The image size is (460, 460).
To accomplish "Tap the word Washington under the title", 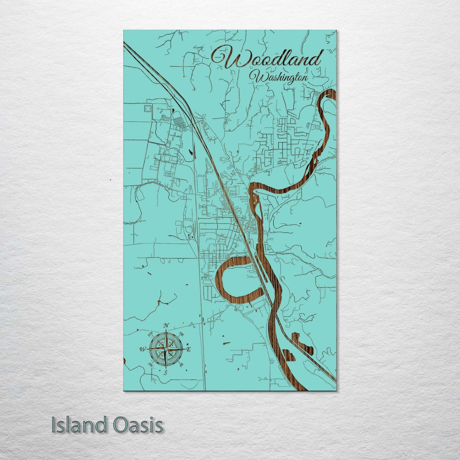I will (x=279, y=78).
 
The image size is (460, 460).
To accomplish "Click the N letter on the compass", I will (x=166, y=325).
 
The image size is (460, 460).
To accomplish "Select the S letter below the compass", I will (x=165, y=373).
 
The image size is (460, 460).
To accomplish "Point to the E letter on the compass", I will (x=188, y=349).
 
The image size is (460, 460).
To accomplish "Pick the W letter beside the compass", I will (x=142, y=350).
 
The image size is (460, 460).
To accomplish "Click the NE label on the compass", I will (x=182, y=334).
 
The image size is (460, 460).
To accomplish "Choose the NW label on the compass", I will (x=150, y=335).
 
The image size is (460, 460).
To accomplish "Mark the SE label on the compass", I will (x=181, y=365).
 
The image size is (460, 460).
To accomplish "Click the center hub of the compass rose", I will (x=166, y=349).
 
